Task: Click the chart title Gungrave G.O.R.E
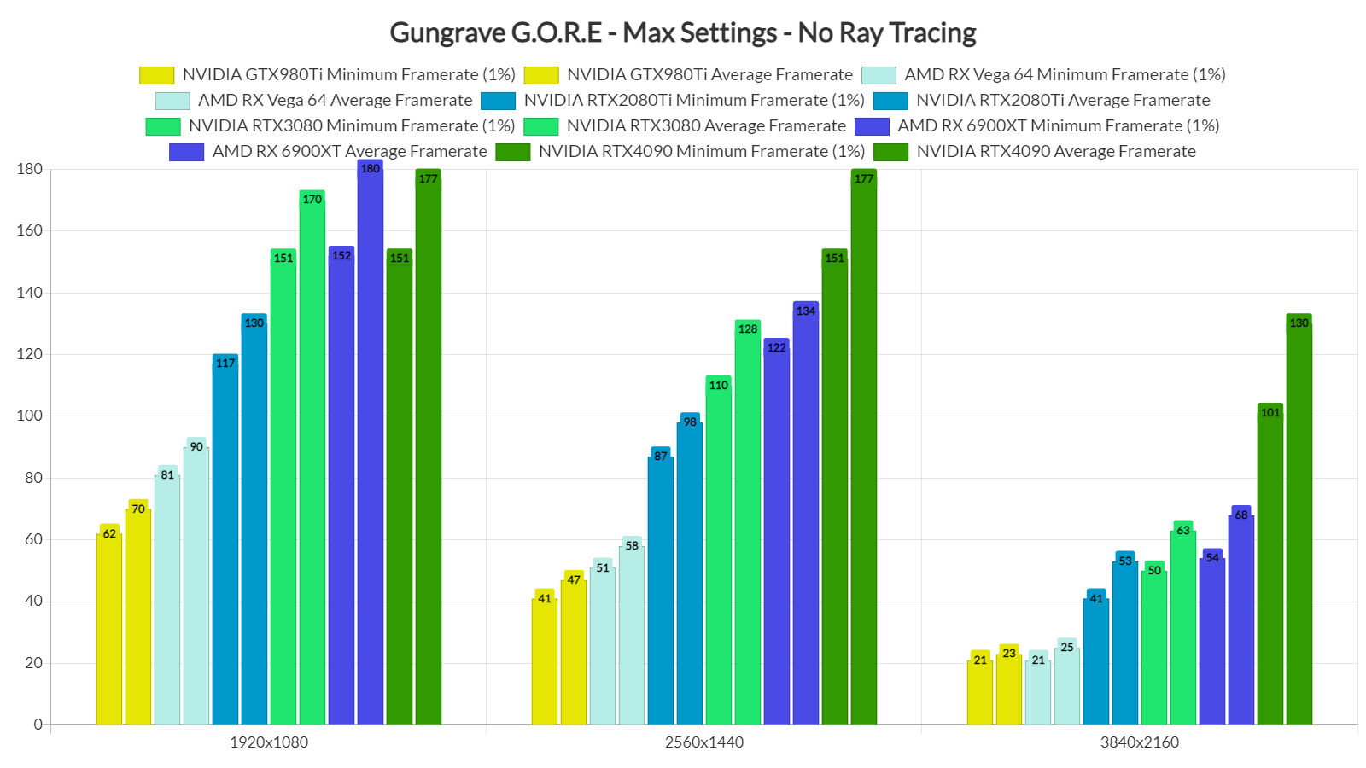coord(682,32)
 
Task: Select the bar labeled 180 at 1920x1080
coord(371,444)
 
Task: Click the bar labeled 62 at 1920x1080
coord(109,627)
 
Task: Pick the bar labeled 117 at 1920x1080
coord(225,542)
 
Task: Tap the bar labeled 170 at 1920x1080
coord(312,461)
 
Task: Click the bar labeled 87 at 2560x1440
coord(661,589)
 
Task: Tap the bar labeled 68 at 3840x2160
coord(1240,618)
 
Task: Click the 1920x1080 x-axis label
coord(269,742)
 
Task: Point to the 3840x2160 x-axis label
coord(1139,742)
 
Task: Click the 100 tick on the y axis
coord(29,416)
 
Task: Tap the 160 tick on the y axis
coord(29,230)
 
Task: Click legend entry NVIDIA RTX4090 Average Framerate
coord(1055,152)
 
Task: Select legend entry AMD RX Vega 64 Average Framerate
coord(335,101)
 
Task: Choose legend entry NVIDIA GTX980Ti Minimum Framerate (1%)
coord(348,75)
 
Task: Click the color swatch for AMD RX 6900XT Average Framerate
coord(186,152)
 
